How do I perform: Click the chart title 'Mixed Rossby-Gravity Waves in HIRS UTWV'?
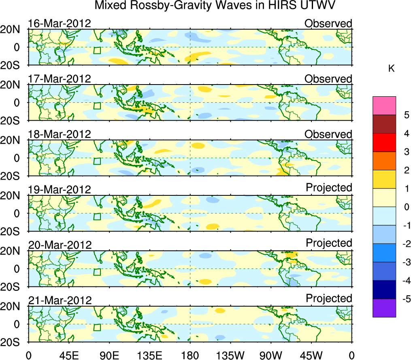(215, 6)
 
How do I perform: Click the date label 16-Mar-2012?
(59, 23)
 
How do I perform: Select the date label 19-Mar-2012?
(59, 189)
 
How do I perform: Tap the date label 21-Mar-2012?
(60, 300)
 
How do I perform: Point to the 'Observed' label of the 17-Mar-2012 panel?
(328, 79)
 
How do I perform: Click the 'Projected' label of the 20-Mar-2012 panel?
(329, 243)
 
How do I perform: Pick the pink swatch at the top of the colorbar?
(384, 106)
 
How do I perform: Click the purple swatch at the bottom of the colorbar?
(384, 308)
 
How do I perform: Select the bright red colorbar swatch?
(384, 142)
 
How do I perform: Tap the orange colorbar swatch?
(384, 161)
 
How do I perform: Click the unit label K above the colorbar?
(391, 69)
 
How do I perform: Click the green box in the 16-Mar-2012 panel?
(97, 51)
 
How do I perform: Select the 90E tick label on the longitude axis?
(109, 355)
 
